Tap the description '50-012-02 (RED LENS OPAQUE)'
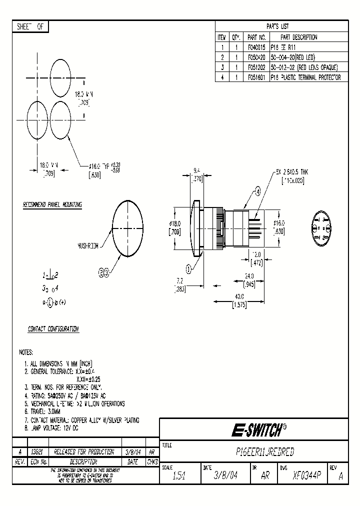[x=304, y=67]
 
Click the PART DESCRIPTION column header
[x=298, y=37]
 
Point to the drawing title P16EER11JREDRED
[x=264, y=452]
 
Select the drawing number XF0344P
[x=307, y=475]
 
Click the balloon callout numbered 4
[x=258, y=191]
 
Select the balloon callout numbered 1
[x=188, y=268]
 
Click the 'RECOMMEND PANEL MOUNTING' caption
[x=52, y=205]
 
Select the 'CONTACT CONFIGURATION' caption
[x=53, y=329]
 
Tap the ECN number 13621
[x=37, y=452]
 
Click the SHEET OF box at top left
[x=30, y=27]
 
